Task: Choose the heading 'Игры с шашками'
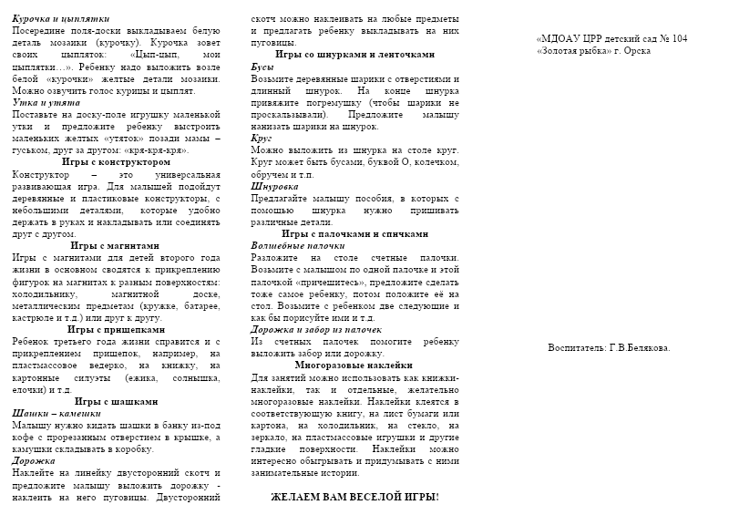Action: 116,400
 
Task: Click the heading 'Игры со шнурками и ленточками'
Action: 354,55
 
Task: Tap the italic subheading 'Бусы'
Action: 262,67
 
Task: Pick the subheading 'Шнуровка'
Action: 272,186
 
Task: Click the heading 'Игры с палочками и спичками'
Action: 354,233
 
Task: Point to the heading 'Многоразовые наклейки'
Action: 354,365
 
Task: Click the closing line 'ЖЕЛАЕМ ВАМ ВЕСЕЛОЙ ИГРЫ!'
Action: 355,497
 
